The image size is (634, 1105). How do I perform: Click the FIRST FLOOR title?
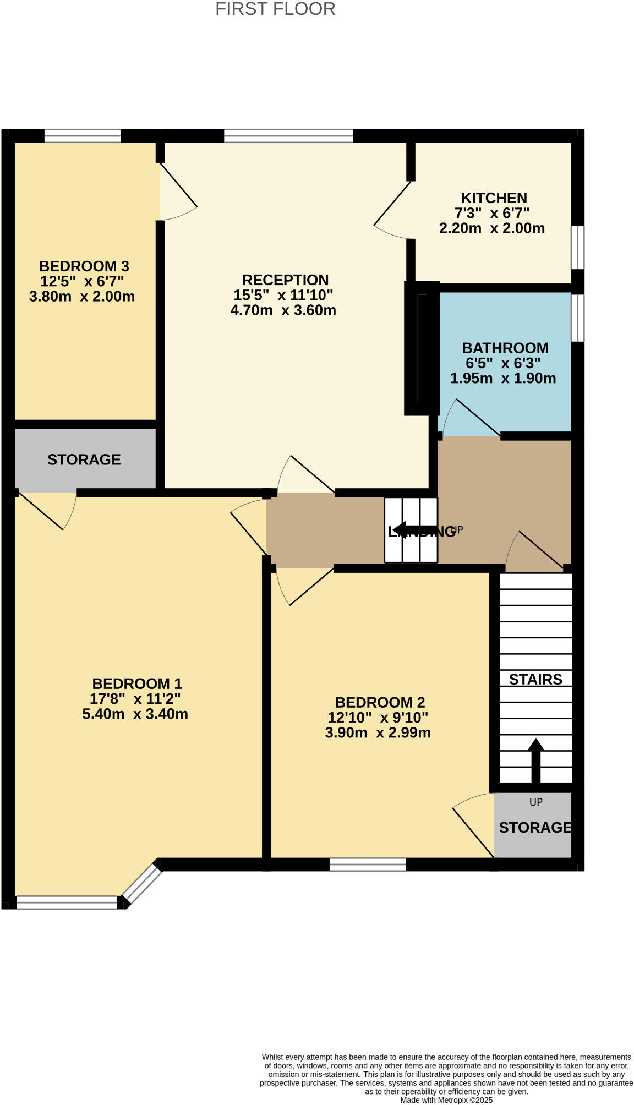pos(275,9)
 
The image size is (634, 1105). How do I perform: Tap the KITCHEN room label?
pos(494,198)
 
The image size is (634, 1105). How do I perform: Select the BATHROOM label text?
pos(505,348)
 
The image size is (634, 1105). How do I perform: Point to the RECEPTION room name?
pos(285,280)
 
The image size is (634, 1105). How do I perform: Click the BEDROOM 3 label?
pos(84,266)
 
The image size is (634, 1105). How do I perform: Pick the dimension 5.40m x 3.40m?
pos(135,714)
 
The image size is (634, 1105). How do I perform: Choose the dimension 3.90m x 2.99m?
pos(378,733)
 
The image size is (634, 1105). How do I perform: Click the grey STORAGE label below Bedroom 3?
pos(84,459)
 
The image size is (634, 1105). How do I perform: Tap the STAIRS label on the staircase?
pos(535,680)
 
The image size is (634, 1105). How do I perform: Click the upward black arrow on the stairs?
pos(535,759)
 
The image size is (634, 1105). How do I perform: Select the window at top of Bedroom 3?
pos(83,136)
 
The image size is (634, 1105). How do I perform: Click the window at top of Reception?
pos(288,136)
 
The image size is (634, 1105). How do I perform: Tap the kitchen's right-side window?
pos(577,247)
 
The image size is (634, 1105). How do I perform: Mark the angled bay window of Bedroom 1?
pos(141,882)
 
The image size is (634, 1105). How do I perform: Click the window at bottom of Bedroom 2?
pos(368,865)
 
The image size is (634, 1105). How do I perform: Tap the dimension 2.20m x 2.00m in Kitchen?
pos(491,228)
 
